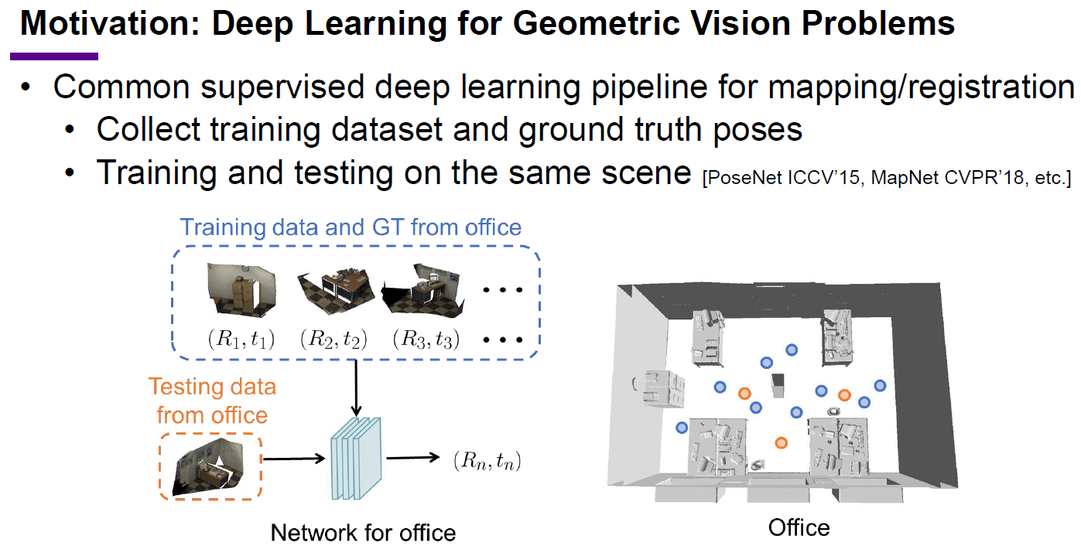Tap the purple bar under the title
(x=54, y=56)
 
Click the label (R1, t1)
(x=241, y=339)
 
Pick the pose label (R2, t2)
(x=333, y=339)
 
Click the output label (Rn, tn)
(x=487, y=462)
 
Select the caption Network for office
(x=363, y=533)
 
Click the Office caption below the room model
(x=799, y=527)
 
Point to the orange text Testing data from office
(x=212, y=401)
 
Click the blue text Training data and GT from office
(x=351, y=227)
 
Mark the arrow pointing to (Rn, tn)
(x=413, y=458)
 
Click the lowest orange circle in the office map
(x=781, y=442)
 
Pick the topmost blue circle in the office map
(x=792, y=350)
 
